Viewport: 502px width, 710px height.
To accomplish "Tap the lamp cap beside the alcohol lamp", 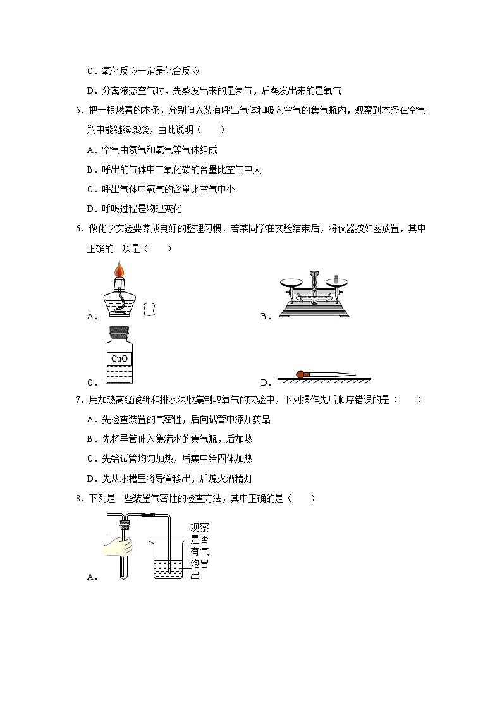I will pos(149,309).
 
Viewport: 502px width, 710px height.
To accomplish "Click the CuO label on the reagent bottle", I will pos(119,358).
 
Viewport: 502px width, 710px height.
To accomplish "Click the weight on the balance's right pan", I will pos(336,278).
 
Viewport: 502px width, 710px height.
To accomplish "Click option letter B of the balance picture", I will pos(264,317).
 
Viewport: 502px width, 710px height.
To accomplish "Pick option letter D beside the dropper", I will pos(264,383).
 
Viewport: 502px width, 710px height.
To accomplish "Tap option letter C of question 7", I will pos(90,459).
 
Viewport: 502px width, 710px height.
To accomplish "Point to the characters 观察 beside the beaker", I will pos(199,527).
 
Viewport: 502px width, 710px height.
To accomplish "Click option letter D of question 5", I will pos(90,209).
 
